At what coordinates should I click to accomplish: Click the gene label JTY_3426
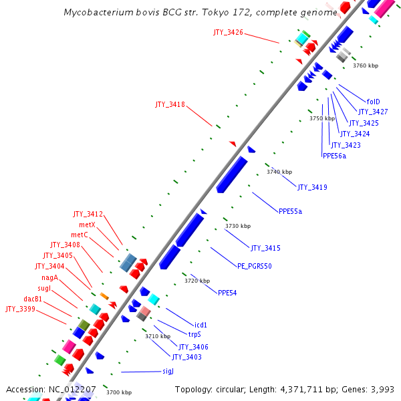(228, 32)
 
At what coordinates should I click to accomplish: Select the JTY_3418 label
(170, 104)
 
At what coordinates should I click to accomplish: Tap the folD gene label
(374, 102)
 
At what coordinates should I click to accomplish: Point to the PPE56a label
(334, 156)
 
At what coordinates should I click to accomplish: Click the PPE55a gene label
(290, 211)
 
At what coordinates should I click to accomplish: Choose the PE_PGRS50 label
(255, 266)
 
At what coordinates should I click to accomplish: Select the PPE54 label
(227, 293)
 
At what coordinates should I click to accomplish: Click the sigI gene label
(168, 371)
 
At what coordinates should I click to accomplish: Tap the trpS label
(194, 334)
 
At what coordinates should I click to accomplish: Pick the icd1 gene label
(200, 325)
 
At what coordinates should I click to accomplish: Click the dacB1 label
(33, 299)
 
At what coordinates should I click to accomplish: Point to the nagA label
(49, 277)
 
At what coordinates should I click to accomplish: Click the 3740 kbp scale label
(279, 172)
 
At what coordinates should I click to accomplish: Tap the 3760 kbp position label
(366, 65)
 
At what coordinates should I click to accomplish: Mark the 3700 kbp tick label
(119, 392)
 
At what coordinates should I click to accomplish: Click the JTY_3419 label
(312, 187)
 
